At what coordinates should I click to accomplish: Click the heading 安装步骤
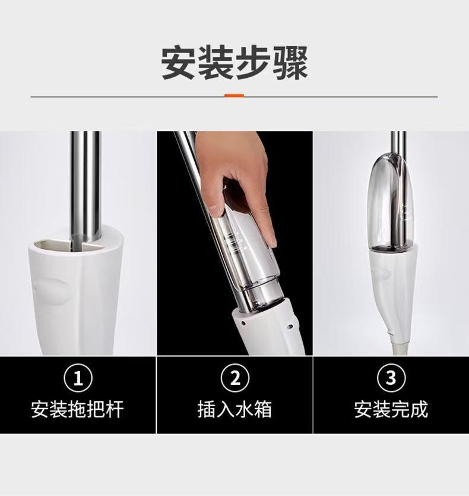tap(235, 63)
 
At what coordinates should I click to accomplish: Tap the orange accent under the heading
tap(235, 96)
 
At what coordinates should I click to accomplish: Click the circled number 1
tap(78, 378)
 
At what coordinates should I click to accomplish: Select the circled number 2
tap(235, 378)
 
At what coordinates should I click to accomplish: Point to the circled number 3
tap(391, 378)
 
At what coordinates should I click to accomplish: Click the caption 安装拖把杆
tap(77, 409)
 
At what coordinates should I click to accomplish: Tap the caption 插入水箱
tap(235, 409)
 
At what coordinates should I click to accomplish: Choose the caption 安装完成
tap(391, 409)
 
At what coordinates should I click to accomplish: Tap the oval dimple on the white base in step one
tap(50, 291)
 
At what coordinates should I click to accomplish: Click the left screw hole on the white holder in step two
tap(243, 324)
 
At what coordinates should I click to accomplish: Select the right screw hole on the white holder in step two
tap(289, 325)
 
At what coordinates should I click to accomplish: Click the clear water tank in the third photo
tap(391, 203)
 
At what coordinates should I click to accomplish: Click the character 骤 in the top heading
tap(291, 63)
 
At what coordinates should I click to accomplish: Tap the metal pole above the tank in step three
tap(398, 142)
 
